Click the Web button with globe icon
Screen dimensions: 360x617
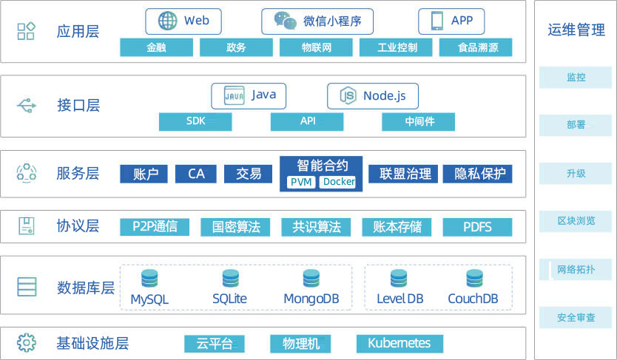[x=183, y=21]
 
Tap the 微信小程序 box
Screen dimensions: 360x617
[x=317, y=21]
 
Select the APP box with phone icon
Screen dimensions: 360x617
[x=451, y=21]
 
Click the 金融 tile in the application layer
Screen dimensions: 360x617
[x=156, y=48]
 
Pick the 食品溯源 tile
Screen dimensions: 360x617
[x=475, y=48]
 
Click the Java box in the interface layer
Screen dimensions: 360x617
[x=249, y=96]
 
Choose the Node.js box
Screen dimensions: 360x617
[x=373, y=96]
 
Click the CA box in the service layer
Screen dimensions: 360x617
[x=196, y=174]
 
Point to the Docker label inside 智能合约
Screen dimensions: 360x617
[x=339, y=182]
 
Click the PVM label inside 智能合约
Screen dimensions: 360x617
[x=301, y=182]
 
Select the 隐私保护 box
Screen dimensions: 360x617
[x=477, y=174]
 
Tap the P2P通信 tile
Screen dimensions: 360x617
[x=155, y=227]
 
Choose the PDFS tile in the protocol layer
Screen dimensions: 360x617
[x=477, y=227]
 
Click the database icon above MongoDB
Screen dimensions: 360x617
[x=311, y=279]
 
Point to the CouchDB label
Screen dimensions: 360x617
[x=473, y=299]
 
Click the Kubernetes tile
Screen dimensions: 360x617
[x=399, y=343]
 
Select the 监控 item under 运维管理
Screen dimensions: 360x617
[x=576, y=78]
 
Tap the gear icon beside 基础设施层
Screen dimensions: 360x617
[x=27, y=343]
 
